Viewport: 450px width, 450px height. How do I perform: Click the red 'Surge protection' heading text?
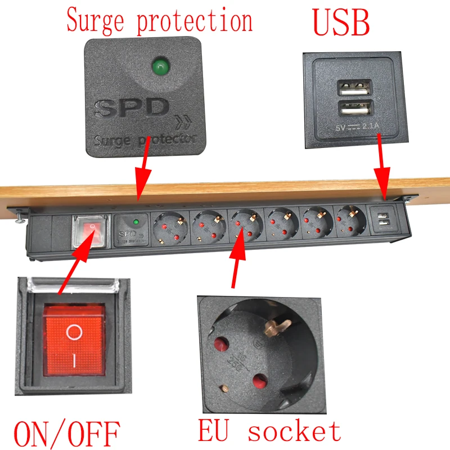pyautogui.click(x=159, y=21)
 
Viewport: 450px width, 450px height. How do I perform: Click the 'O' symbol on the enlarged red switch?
pyautogui.click(x=74, y=332)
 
